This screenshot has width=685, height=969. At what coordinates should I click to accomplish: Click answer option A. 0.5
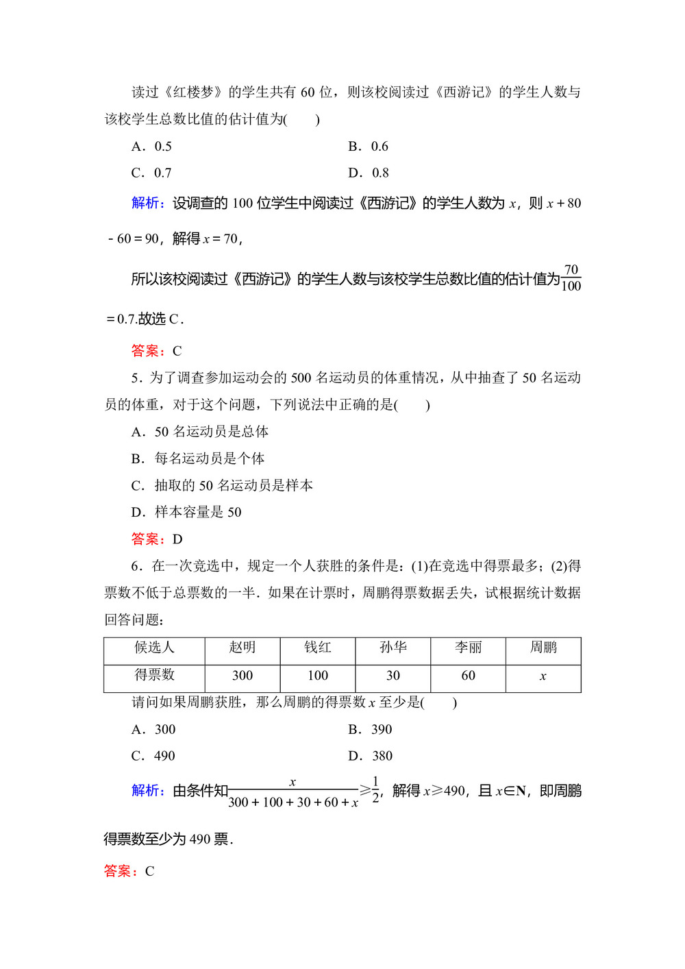(x=151, y=146)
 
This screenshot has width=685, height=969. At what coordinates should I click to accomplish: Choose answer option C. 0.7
(x=151, y=173)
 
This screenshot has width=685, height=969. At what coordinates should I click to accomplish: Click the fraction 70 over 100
(x=571, y=278)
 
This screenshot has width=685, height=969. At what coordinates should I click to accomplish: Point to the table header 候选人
(x=154, y=648)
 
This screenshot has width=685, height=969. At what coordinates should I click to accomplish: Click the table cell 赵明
(x=242, y=648)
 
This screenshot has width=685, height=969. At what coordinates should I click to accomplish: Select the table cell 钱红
(x=318, y=648)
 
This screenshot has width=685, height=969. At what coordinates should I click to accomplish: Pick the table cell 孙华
(x=393, y=648)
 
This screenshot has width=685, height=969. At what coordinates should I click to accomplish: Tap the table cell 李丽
(x=469, y=648)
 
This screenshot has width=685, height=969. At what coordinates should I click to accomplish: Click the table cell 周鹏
(x=543, y=648)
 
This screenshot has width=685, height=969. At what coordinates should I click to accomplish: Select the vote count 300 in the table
(x=242, y=676)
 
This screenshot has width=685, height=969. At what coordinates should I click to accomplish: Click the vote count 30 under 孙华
(x=393, y=676)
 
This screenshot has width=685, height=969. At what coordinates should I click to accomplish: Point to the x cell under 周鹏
(x=543, y=676)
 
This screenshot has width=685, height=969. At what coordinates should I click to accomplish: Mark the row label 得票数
(x=154, y=675)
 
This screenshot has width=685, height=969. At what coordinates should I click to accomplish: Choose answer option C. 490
(x=153, y=756)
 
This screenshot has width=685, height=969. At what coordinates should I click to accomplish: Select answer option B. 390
(x=370, y=729)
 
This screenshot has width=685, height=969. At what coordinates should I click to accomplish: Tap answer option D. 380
(x=370, y=756)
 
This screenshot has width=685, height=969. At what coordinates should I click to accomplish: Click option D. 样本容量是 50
(x=186, y=512)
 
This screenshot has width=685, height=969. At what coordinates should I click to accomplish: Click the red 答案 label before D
(x=147, y=539)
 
